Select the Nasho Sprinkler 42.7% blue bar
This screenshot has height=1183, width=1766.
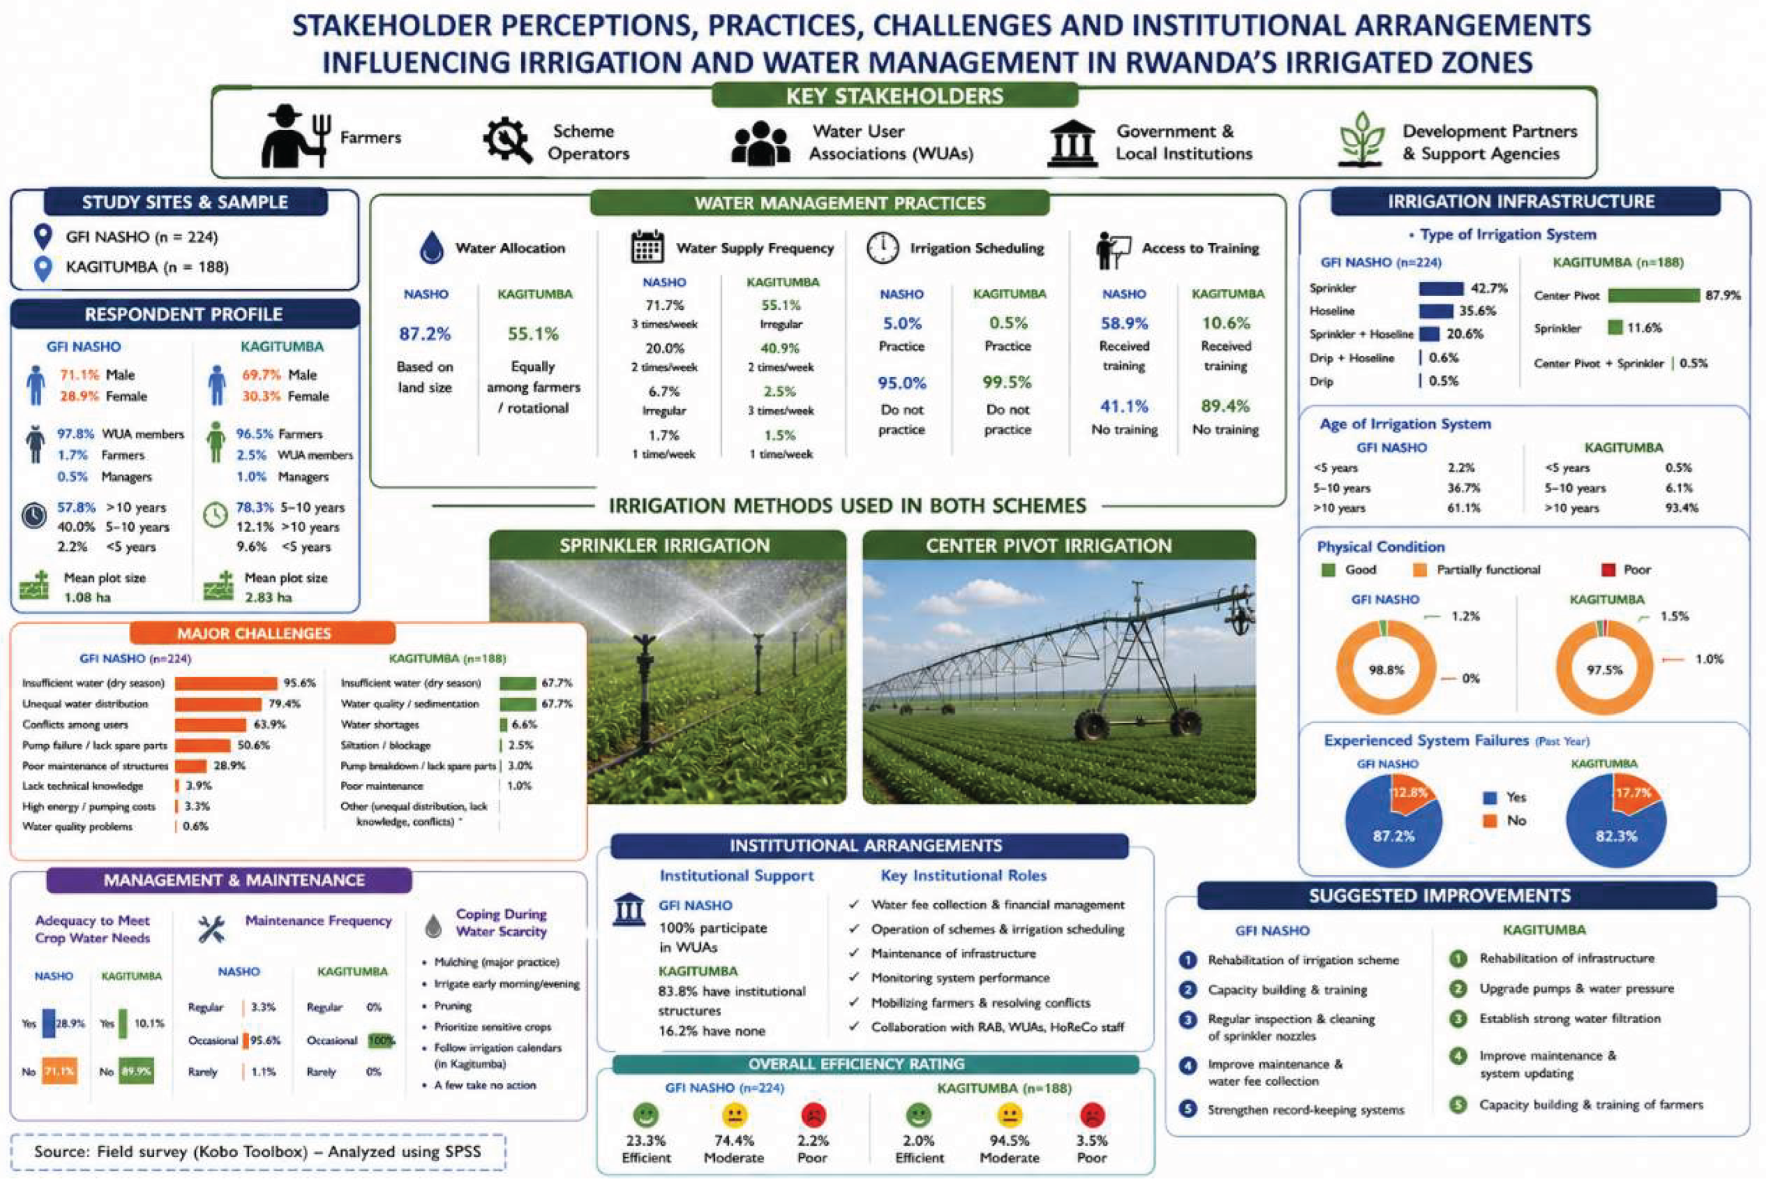pos(1441,288)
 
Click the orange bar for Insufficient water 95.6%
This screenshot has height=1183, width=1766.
pos(226,683)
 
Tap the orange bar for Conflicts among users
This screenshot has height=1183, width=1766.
pos(210,724)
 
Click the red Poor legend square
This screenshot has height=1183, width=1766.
pos(1608,569)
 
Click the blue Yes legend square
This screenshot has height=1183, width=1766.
pos(1490,797)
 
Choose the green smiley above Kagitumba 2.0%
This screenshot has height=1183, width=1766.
pos(918,1115)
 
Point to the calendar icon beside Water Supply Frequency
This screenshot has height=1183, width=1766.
pos(647,247)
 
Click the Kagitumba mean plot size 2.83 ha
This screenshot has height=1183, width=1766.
pos(268,598)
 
